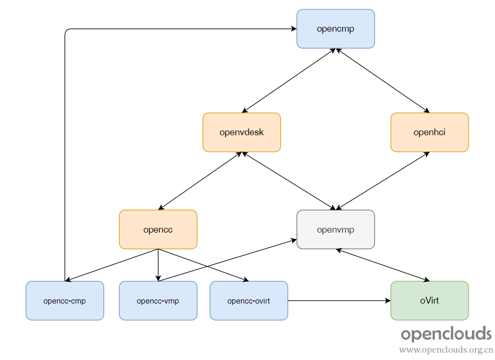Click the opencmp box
click(x=335, y=28)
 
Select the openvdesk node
click(x=242, y=132)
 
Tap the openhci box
click(x=430, y=132)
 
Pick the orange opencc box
click(x=158, y=229)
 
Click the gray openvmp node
click(x=335, y=229)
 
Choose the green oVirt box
click(x=430, y=300)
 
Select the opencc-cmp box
click(x=65, y=300)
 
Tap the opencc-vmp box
click(x=158, y=300)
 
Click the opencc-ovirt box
click(x=249, y=300)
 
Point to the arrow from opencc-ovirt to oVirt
click(x=340, y=300)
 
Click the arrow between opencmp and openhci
click(x=383, y=80)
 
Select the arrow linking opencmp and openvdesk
click(x=289, y=80)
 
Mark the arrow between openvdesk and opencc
click(x=200, y=181)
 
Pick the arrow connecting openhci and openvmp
click(x=383, y=181)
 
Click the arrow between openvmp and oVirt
click(x=383, y=265)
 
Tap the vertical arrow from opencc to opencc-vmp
click(x=158, y=265)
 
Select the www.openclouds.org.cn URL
click(x=446, y=350)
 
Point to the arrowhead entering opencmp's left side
click(x=294, y=28)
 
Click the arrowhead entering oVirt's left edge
click(x=388, y=300)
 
